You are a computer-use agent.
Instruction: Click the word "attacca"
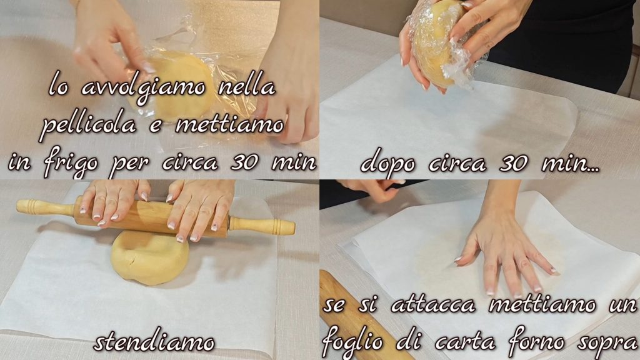[433, 305]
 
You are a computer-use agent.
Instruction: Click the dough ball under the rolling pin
[149, 257]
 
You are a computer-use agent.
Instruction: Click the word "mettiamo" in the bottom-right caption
[542, 305]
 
